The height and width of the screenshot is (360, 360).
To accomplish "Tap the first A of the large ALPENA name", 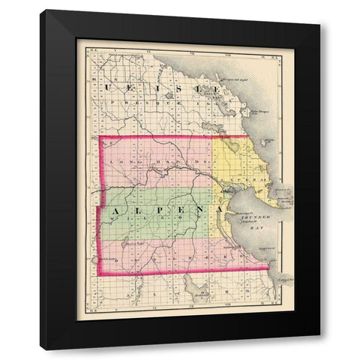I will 115,213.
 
